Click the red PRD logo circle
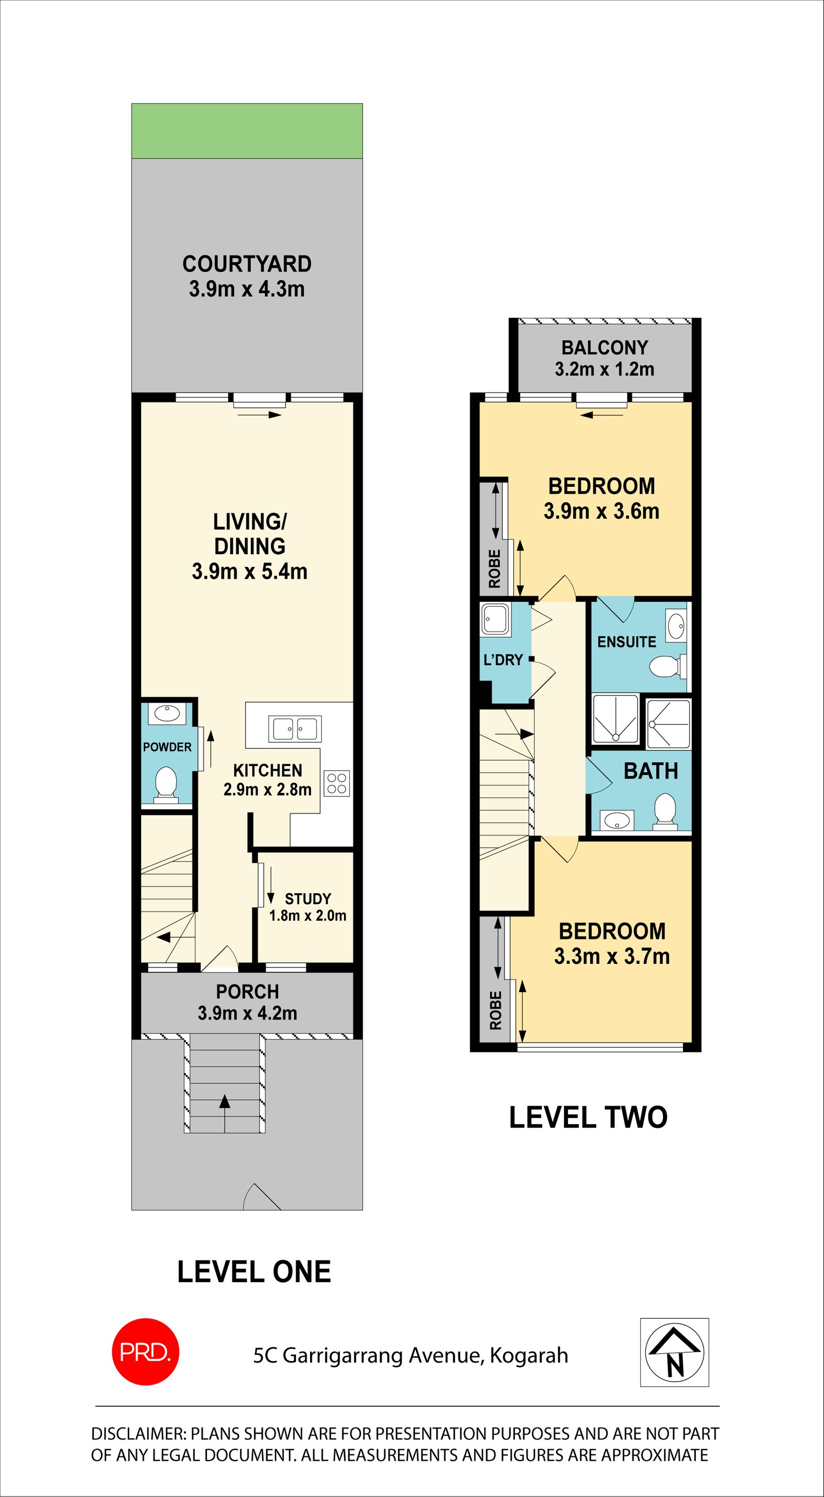[x=145, y=1352]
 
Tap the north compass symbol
[x=674, y=1352]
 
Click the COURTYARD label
[x=247, y=264]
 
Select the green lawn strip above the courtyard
[x=247, y=131]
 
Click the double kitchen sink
[x=295, y=729]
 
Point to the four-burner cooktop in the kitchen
[x=336, y=784]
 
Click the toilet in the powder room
[x=166, y=784]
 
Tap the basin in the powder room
[x=167, y=713]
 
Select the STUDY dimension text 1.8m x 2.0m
[x=307, y=916]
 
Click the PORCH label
[x=248, y=992]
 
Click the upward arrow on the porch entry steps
[x=225, y=1100]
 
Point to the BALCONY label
[x=604, y=348]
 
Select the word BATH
[x=651, y=771]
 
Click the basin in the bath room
[x=616, y=821]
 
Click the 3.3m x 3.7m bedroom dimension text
[x=612, y=956]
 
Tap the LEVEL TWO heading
[x=588, y=1117]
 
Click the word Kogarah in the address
[x=529, y=1355]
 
